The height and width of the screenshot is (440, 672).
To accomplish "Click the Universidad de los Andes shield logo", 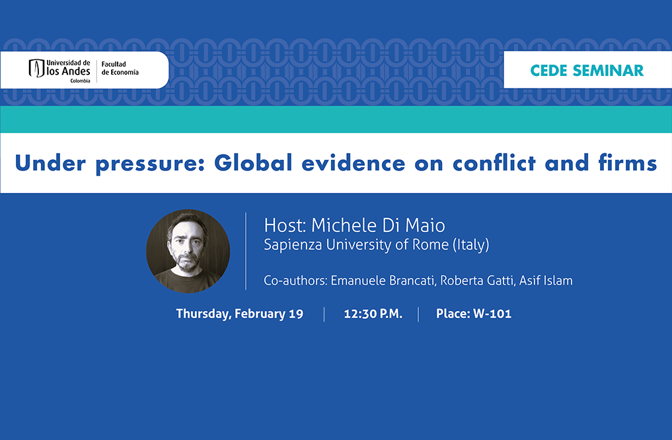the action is coord(36,69).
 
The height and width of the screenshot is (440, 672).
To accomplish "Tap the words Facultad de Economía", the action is coord(120,68).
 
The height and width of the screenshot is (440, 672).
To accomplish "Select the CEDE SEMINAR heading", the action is coord(587,70).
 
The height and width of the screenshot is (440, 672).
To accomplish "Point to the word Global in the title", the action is coord(253,163).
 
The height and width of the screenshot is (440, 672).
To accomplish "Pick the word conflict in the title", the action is coord(494,163).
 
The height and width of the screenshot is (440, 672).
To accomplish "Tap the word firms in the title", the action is coord(628,163).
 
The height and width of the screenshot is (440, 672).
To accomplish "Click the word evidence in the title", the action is coord(353,163).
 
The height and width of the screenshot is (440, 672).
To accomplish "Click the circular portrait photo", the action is coord(188,251).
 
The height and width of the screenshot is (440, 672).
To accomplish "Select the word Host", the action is coord(285,225).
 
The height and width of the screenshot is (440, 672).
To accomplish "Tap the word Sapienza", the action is coord(293,244).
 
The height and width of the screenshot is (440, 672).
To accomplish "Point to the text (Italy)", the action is coord(471,244).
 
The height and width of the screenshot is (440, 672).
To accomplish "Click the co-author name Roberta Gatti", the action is coord(478,281).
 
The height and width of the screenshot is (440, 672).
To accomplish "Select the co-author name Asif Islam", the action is coord(546,281).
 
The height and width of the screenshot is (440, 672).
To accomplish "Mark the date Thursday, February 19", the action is coord(240,314).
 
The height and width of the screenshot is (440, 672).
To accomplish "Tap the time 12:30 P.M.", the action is coord(373,314).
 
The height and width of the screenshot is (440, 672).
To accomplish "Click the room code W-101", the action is coord(492,314).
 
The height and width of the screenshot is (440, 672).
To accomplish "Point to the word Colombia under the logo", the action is coord(80,81).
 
